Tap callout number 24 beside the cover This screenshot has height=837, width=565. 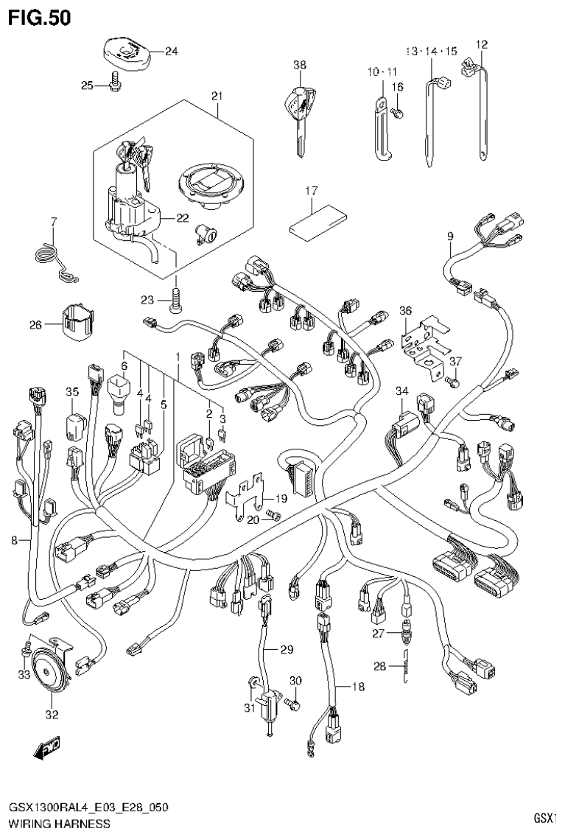(172, 52)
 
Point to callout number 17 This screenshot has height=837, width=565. (311, 192)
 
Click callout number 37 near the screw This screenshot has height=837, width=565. (455, 361)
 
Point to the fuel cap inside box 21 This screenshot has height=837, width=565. (209, 186)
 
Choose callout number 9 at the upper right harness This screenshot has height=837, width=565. (449, 237)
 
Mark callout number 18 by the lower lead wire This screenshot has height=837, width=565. (358, 687)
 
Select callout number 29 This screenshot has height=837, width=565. (286, 649)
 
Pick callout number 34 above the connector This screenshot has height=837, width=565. (401, 391)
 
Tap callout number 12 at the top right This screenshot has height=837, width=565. (482, 44)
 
